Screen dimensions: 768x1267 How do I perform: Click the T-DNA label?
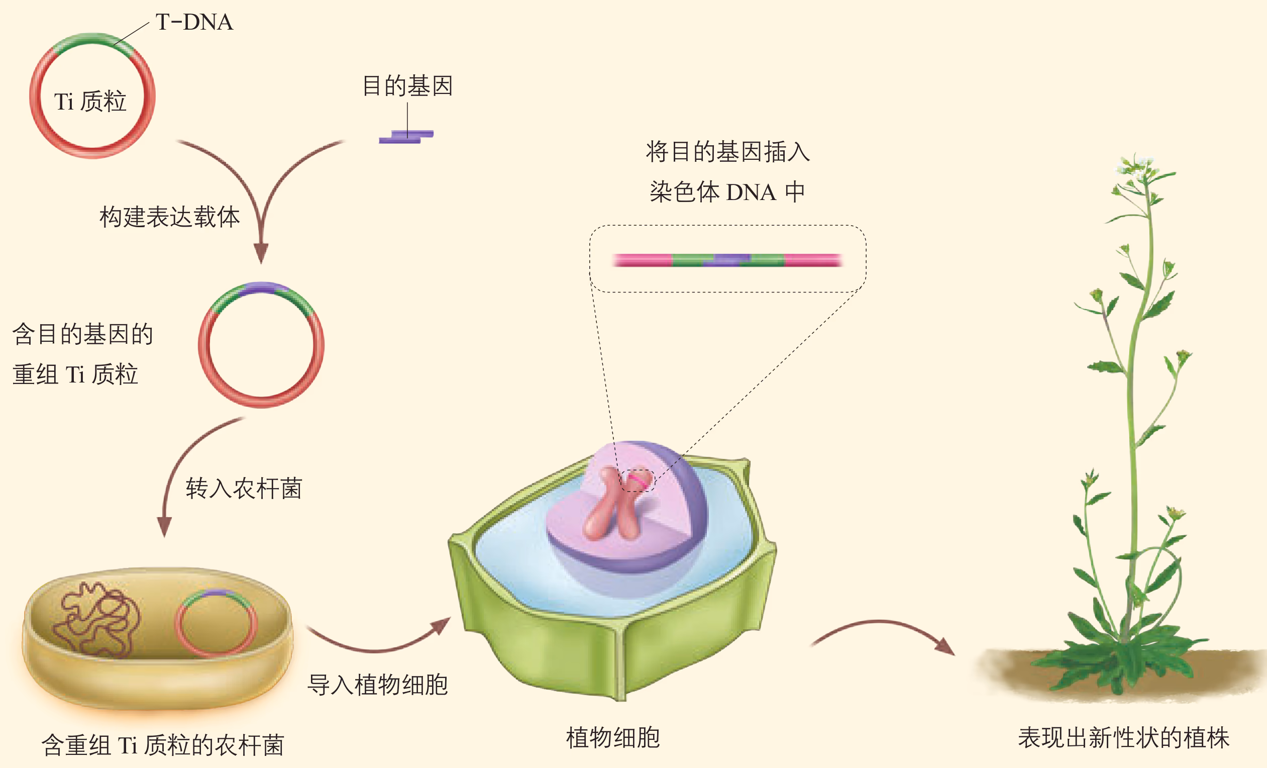tap(194, 22)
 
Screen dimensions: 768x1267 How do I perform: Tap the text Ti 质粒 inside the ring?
tap(90, 102)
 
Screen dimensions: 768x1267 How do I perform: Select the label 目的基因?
tap(407, 86)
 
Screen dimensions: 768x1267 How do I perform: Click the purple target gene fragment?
tap(406, 137)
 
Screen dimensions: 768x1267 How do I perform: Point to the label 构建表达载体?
tap(170, 217)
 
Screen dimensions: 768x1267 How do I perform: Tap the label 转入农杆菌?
tap(244, 488)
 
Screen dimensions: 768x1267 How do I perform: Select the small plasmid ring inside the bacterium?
tap(216, 623)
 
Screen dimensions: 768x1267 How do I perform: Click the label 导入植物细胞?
tap(377, 685)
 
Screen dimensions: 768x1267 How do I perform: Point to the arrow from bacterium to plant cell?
tap(378, 643)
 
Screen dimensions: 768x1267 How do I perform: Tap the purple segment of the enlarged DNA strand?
tap(730, 260)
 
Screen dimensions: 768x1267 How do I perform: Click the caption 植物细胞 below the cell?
tap(613, 738)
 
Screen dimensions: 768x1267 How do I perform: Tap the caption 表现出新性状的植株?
tap(1123, 738)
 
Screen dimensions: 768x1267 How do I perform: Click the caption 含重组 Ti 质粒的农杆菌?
tap(163, 745)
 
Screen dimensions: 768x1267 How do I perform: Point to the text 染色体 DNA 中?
tap(726, 193)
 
